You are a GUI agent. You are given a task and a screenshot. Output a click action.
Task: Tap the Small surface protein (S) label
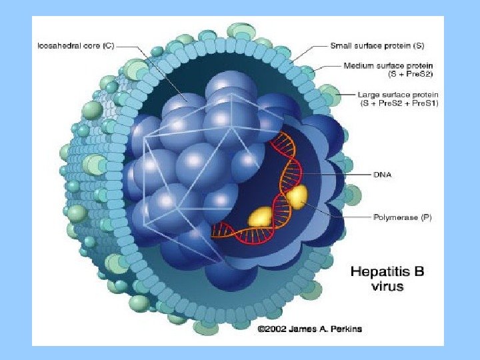[x=377, y=45]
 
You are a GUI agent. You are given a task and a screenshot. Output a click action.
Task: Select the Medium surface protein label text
[x=389, y=65]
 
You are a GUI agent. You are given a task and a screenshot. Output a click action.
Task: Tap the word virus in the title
[x=387, y=288]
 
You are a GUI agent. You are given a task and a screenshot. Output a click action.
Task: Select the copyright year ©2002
[x=272, y=329]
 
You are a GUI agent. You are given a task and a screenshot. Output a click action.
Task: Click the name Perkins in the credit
[x=345, y=329]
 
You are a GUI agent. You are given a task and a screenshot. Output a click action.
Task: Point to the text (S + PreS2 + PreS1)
[x=399, y=103]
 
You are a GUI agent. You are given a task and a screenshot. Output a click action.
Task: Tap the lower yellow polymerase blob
[x=261, y=216]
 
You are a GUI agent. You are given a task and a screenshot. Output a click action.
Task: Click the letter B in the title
[x=417, y=271]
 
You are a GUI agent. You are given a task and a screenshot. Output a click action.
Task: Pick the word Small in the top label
[x=342, y=45]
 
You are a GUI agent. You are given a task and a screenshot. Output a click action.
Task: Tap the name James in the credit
[x=300, y=329]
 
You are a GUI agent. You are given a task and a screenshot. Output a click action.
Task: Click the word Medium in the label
[x=357, y=65]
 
